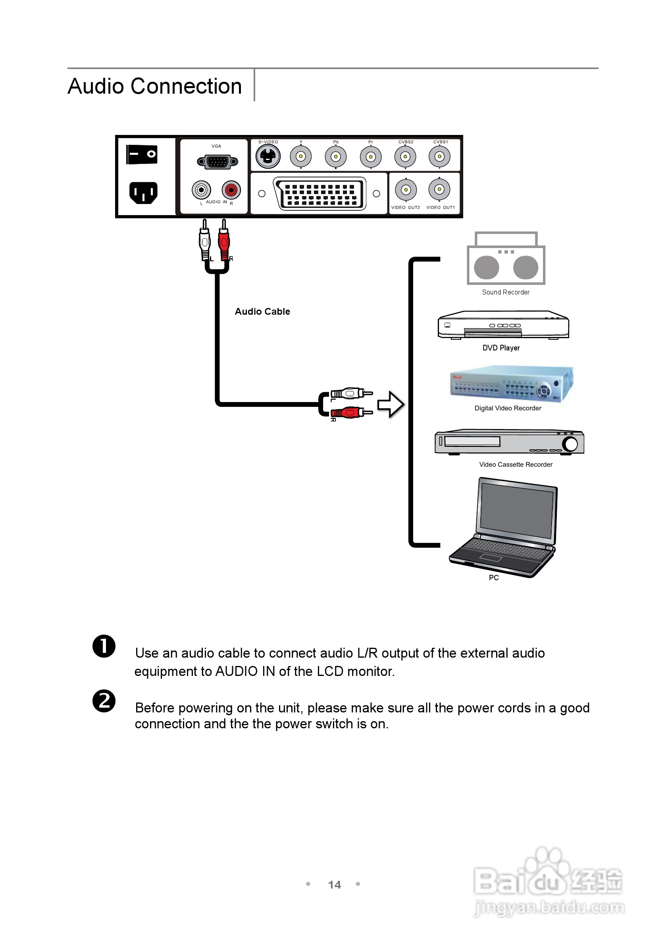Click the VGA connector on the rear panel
pyautogui.click(x=218, y=162)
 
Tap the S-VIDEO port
pyautogui.click(x=268, y=156)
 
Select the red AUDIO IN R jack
pyautogui.click(x=231, y=190)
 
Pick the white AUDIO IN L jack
pyautogui.click(x=201, y=190)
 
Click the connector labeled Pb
pyautogui.click(x=335, y=157)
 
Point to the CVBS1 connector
pyautogui.click(x=440, y=157)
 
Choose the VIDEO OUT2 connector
pyautogui.click(x=406, y=190)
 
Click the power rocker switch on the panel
pyautogui.click(x=142, y=154)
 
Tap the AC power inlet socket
pyautogui.click(x=143, y=192)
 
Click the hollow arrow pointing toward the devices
pyautogui.click(x=390, y=404)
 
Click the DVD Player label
pyautogui.click(x=501, y=348)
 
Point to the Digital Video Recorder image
pyautogui.click(x=511, y=384)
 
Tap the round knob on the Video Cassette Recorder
pyautogui.click(x=570, y=444)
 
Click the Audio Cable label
pyautogui.click(x=262, y=312)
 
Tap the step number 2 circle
pyautogui.click(x=104, y=701)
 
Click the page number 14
pyautogui.click(x=334, y=885)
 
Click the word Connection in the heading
pyautogui.click(x=186, y=87)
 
